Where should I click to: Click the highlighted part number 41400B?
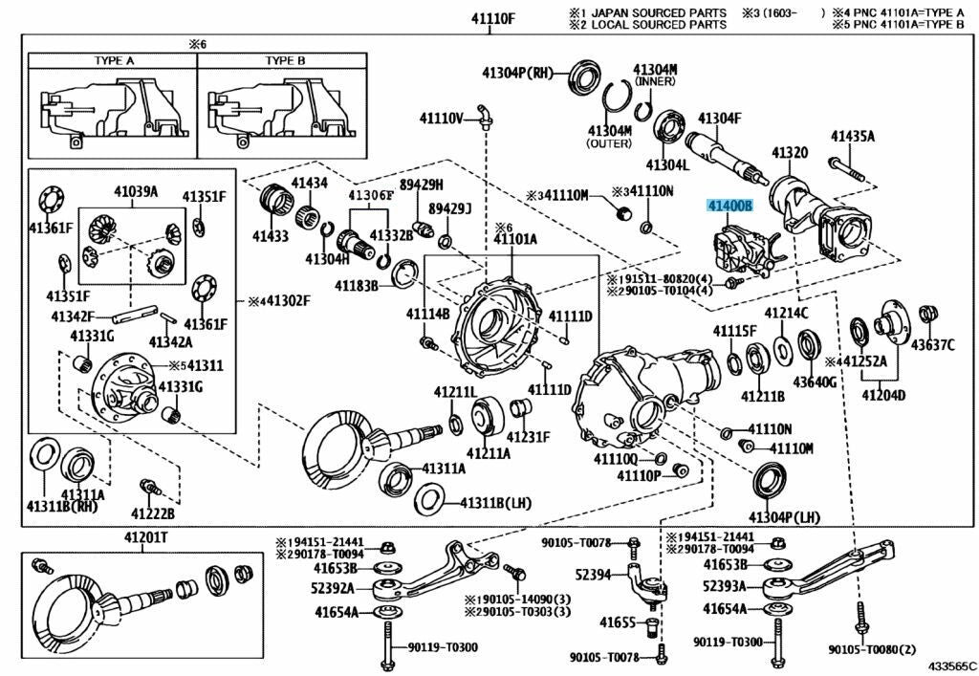pos(730,206)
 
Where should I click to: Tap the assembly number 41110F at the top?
pos(492,18)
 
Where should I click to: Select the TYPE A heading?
pos(114,60)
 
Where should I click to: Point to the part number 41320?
pos(790,153)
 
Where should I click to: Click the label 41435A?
pos(852,137)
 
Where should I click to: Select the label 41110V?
pos(441,119)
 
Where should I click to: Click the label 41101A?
pos(515,239)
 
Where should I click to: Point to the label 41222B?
pos(153,513)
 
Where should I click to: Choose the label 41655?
pos(618,622)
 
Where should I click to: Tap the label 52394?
pos(593,575)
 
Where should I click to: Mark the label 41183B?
pos(357,286)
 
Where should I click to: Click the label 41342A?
pos(170,341)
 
